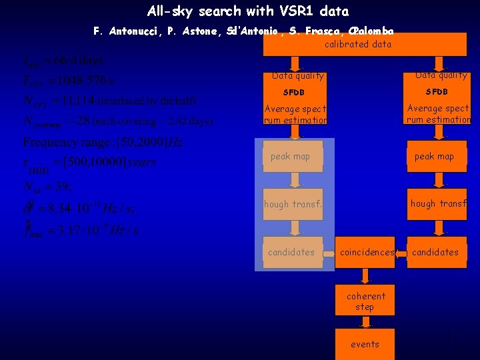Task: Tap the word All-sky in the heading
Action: coord(169,11)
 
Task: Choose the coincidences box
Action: coord(366,252)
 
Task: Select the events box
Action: coord(365,344)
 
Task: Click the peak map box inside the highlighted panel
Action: coord(293,157)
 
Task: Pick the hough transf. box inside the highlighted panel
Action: coord(293,204)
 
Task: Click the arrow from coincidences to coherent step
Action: coord(365,275)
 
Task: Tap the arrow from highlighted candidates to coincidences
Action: coord(329,253)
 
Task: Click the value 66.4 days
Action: coord(79,61)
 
